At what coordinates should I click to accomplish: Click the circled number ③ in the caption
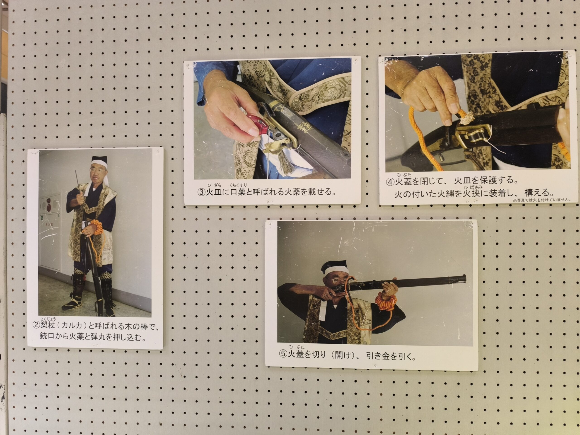click(x=202, y=192)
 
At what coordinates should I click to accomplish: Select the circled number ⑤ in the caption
click(x=284, y=354)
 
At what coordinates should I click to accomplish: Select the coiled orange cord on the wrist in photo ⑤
click(x=386, y=302)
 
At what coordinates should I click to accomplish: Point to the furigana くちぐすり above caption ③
click(x=238, y=185)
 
